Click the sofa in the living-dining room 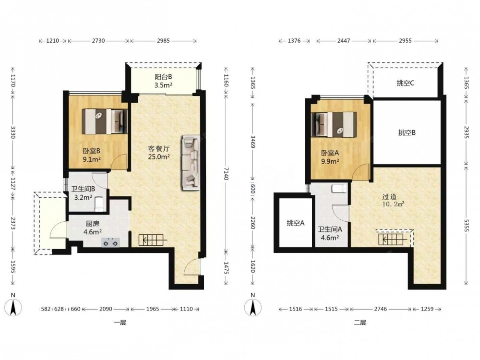pos(191,163)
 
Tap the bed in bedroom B pos(105,121)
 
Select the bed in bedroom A pos(334,125)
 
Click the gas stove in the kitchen pos(110,242)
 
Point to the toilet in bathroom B pos(99,204)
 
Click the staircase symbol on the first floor pos(153,240)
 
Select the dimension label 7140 pos(226,174)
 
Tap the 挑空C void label pos(406,83)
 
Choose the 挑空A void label pos(295,223)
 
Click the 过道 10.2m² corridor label pos(394,200)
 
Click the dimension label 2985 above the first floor pos(163,40)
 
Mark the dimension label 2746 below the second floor pos(381,309)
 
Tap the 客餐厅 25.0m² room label pos(159,153)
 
